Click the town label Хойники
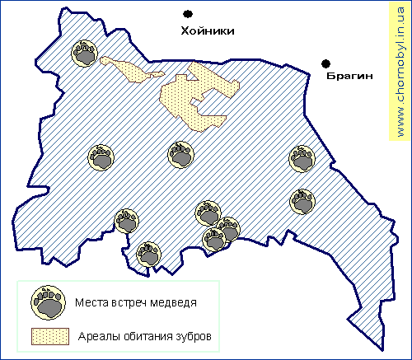click(208, 30)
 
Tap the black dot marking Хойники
click(189, 14)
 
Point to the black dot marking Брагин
click(326, 63)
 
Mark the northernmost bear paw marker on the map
click(86, 54)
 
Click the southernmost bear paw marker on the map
click(148, 255)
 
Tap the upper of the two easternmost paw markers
click(302, 158)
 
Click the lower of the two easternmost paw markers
click(302, 200)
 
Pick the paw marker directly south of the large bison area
click(181, 154)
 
